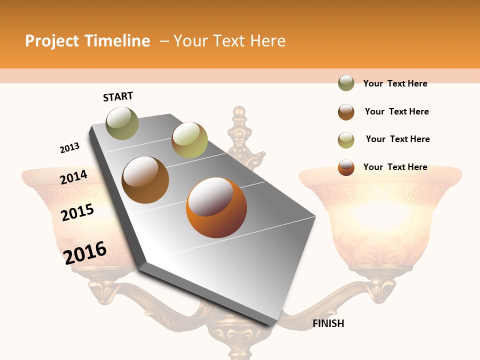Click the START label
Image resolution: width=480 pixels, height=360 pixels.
[x=118, y=96]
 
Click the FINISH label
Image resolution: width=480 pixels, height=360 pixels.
[x=328, y=323]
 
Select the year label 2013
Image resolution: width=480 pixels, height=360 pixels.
[x=69, y=148]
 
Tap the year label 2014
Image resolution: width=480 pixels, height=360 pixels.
[x=73, y=177]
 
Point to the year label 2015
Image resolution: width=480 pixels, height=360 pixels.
[x=77, y=212]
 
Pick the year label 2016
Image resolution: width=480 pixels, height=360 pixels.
[x=85, y=252]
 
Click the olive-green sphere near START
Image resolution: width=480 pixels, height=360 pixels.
[x=122, y=123]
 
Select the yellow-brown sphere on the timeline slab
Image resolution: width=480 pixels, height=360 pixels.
[x=189, y=140]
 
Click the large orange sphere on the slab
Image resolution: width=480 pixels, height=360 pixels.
[x=216, y=207]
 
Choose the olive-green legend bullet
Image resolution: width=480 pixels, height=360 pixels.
[x=346, y=83]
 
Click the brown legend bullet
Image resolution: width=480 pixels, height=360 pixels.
[x=346, y=111]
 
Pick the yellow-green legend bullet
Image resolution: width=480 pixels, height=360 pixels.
[x=346, y=139]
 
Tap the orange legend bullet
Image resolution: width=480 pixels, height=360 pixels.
[x=346, y=167]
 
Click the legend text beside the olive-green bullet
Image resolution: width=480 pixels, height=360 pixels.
[x=395, y=83]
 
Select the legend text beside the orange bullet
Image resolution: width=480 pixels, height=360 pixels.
[x=395, y=167]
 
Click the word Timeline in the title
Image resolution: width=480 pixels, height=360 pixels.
[x=117, y=41]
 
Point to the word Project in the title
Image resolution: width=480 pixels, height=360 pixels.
[x=52, y=41]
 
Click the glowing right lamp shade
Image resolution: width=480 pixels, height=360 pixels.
[x=380, y=215]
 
